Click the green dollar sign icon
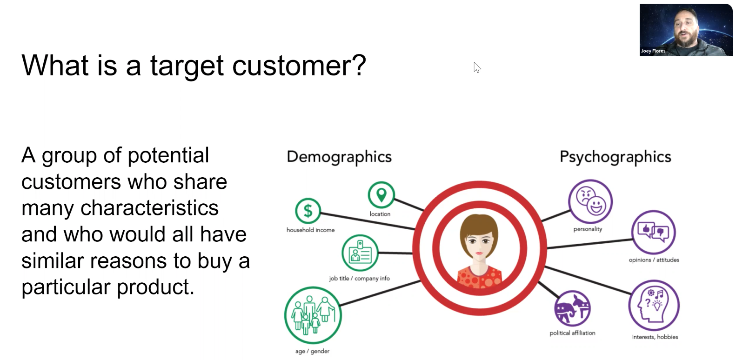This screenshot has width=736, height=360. coord(308,211)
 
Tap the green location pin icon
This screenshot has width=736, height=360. coord(381,195)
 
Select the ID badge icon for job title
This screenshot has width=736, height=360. coord(360,253)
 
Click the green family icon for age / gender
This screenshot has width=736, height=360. coord(313,315)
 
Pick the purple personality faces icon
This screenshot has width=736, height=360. coord(590,201)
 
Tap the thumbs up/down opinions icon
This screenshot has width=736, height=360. coord(654,232)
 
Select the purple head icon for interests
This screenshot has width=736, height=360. coord(654,305)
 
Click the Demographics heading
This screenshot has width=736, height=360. coord(339,157)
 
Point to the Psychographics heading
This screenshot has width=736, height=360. coord(616,157)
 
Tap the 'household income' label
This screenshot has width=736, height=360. coord(310,230)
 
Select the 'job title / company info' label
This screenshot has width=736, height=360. coord(360,279)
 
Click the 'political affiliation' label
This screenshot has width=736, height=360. coord(572,333)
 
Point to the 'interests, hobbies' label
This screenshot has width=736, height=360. coord(655,337)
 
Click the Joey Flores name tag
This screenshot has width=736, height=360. coord(653,51)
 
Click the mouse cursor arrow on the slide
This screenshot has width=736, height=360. coord(477,67)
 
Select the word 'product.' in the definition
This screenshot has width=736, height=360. coord(156,287)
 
